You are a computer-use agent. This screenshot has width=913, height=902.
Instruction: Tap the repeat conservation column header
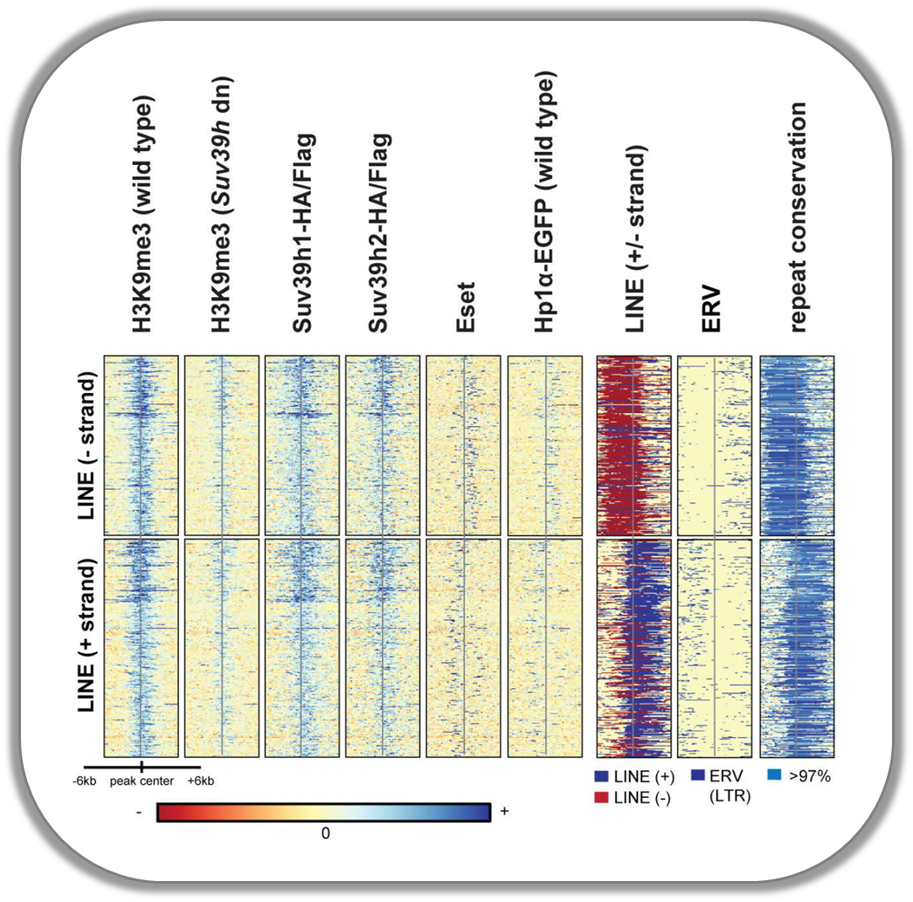(x=797, y=217)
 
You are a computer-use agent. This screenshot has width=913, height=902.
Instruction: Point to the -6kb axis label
(x=85, y=781)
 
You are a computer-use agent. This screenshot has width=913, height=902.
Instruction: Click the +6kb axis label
(x=201, y=781)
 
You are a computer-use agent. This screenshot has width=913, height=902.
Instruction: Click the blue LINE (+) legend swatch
(x=601, y=775)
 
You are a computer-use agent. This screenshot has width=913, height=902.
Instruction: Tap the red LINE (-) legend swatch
(x=601, y=797)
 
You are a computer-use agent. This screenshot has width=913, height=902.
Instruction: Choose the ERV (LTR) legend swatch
(x=698, y=775)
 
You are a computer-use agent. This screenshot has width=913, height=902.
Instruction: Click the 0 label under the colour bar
(x=325, y=833)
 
